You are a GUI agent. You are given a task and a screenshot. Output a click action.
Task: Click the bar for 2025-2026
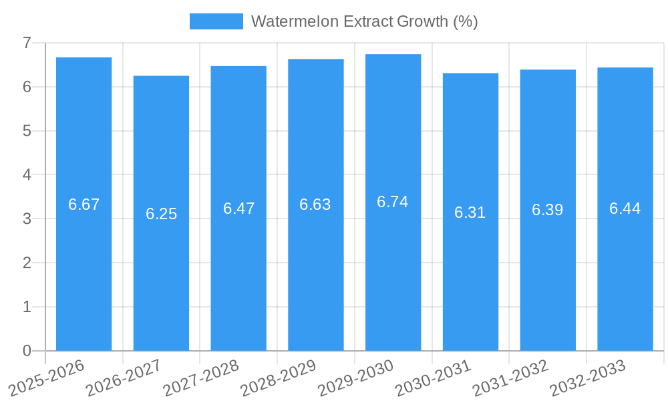point(83,267)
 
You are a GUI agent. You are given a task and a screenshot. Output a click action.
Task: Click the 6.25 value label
point(161,214)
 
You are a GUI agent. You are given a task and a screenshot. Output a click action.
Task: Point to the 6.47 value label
point(238,209)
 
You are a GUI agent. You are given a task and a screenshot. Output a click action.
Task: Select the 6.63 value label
point(315,205)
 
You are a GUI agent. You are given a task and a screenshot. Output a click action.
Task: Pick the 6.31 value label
point(470,213)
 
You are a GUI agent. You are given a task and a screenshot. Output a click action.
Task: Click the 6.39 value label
point(548,210)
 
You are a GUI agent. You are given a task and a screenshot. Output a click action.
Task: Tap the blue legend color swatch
point(216,21)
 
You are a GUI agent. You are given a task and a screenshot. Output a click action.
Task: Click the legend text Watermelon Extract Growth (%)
point(364,21)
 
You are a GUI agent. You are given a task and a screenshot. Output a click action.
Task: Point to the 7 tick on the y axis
point(27,43)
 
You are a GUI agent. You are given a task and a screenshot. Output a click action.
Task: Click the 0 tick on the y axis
point(27,351)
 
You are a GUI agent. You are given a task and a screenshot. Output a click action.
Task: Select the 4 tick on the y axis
point(27,174)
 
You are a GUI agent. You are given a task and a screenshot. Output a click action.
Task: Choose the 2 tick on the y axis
point(27,263)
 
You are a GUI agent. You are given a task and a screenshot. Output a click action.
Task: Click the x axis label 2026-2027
point(124,377)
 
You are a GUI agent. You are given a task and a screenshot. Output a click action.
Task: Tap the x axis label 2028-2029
point(278,377)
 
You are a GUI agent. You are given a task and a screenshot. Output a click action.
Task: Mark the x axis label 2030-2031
point(433,377)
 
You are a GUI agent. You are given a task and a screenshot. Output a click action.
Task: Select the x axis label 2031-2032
point(510,377)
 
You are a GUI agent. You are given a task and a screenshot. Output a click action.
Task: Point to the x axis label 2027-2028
point(201,377)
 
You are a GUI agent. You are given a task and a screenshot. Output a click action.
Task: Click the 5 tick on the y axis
point(27,131)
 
